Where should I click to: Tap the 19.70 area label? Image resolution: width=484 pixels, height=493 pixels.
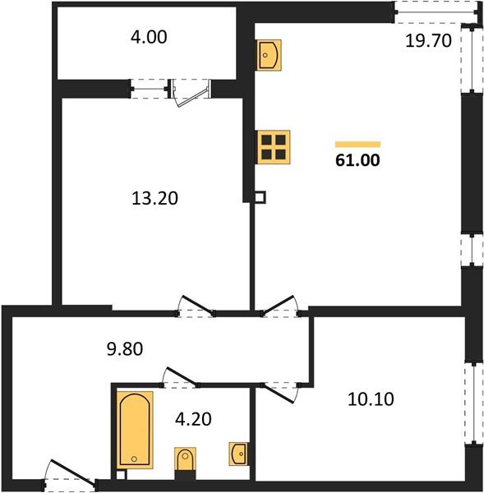(428, 41)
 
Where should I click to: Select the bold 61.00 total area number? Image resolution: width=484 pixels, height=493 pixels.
(357, 160)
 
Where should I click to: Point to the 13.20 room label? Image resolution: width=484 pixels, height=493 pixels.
(156, 198)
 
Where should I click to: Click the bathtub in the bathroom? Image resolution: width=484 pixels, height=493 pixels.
(132, 430)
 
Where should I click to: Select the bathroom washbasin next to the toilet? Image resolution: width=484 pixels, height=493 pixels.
(238, 454)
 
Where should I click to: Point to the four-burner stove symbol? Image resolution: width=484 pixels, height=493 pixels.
(271, 147)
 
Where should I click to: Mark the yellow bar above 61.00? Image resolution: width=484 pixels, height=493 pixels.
(357, 143)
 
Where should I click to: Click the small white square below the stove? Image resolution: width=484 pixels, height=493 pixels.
(260, 197)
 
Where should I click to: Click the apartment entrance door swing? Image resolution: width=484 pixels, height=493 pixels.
(70, 477)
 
